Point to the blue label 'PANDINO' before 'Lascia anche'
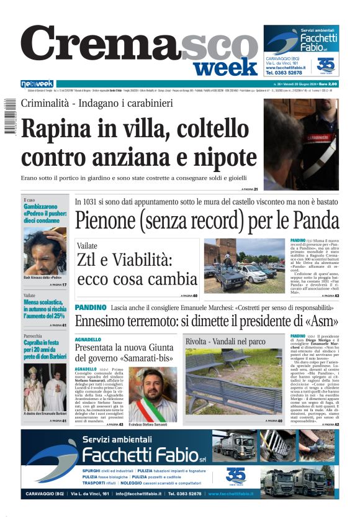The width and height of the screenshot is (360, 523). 91,307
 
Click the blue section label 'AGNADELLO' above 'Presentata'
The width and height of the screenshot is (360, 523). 88,340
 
